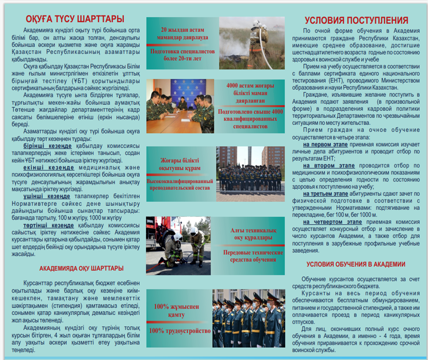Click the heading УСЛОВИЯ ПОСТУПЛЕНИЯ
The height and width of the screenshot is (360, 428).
click(x=357, y=20)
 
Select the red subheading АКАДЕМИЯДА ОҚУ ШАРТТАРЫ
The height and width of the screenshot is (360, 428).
click(x=81, y=268)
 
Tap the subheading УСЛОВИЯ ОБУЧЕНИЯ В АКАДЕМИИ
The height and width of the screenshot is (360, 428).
click(x=356, y=264)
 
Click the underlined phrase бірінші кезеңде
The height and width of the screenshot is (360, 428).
click(x=47, y=146)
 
